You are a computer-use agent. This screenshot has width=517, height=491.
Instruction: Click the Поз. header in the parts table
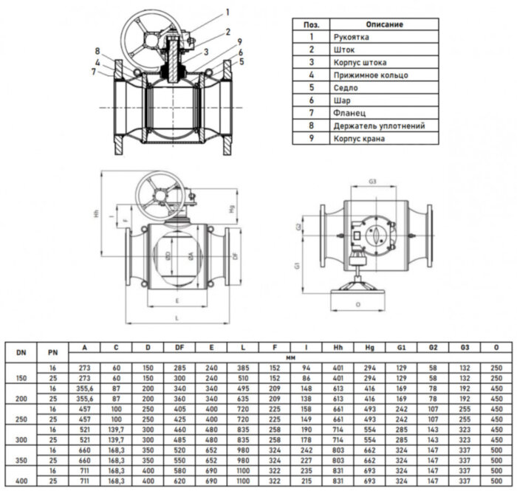[312, 23]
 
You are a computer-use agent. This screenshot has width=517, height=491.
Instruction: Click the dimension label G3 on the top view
[373, 181]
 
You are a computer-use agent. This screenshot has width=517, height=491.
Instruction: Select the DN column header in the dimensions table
[21, 352]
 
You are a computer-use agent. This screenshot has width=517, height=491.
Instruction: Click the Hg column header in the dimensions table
[369, 347]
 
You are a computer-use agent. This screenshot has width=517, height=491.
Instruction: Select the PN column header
[52, 352]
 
